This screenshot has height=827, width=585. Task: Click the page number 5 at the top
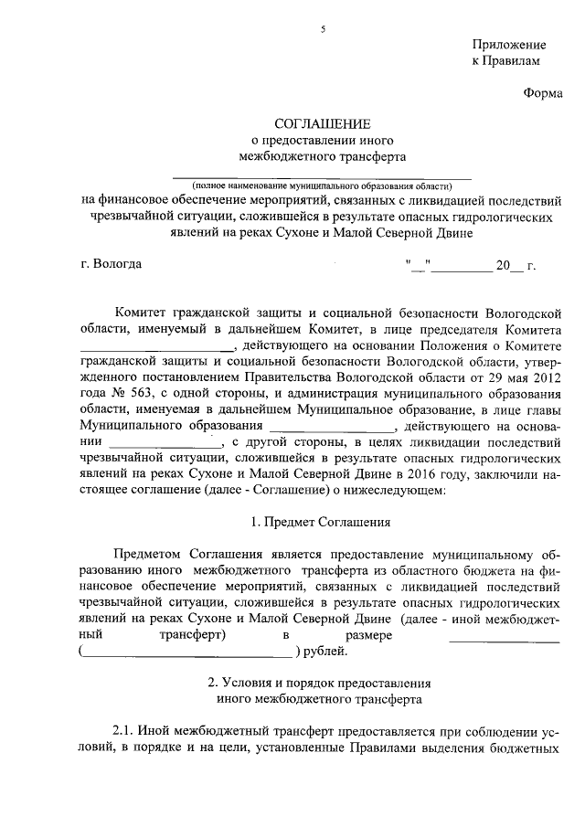(323, 29)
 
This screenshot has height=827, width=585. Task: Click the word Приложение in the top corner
(509, 45)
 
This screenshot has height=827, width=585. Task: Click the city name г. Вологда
(112, 265)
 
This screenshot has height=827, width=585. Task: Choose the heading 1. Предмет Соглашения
(321, 524)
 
